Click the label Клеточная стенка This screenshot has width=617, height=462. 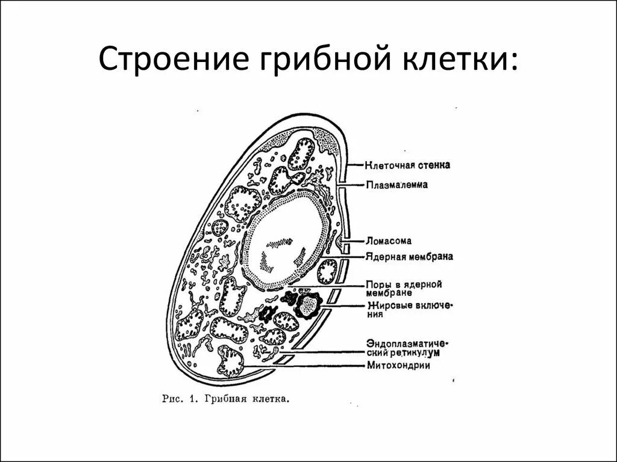click(408, 164)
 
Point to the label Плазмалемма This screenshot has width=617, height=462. click(396, 185)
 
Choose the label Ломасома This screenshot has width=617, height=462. click(389, 241)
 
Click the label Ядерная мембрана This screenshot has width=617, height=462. click(409, 257)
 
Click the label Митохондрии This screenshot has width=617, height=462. click(398, 365)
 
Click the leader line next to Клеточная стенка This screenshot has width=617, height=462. click(355, 164)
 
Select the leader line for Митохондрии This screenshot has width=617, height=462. click(313, 365)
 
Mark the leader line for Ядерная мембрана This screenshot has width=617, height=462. click(352, 257)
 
